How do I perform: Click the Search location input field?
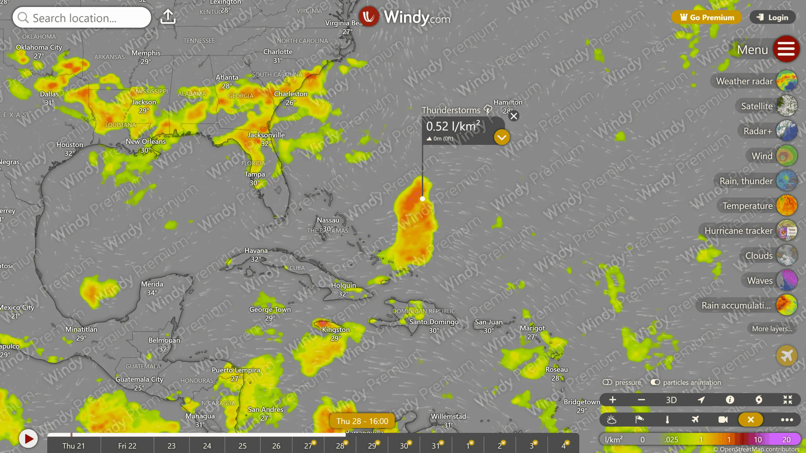pos(82,18)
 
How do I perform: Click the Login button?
pos(773,17)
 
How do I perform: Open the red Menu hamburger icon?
pos(786,49)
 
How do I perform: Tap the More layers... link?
pos(772,329)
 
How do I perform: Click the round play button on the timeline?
pos(28,439)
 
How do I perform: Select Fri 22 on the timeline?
pos(127,446)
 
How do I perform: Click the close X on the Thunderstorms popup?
pos(514,116)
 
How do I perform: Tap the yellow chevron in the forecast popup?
pos(502,137)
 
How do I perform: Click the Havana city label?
pos(256,251)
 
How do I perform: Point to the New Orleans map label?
pos(145,142)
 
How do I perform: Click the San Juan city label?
pos(489,322)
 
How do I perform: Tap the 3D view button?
pos(671,400)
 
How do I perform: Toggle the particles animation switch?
pos(656,382)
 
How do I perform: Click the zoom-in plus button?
pos(613,400)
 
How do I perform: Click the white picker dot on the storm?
pos(423,199)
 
